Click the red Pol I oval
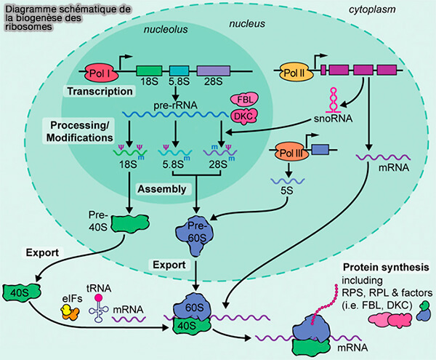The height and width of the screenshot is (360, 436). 97,73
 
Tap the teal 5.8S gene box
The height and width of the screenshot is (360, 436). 179,71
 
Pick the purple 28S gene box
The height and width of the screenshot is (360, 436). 214,71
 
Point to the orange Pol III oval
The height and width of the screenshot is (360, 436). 291,153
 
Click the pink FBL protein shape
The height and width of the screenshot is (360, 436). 241,100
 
